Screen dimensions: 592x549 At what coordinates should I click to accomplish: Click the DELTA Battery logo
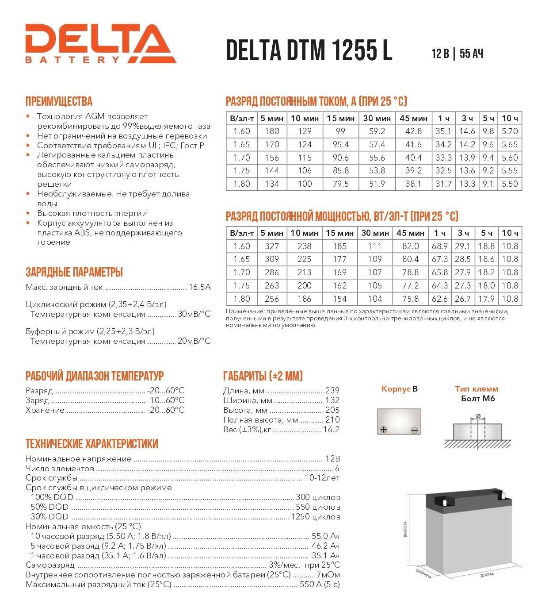coord(100,44)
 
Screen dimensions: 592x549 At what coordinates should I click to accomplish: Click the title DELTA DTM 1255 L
coord(309,50)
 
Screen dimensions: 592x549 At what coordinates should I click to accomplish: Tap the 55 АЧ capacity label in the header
coord(471,54)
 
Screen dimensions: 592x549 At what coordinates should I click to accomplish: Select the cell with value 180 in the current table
coord(272,131)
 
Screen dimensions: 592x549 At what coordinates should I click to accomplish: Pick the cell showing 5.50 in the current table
coord(510,184)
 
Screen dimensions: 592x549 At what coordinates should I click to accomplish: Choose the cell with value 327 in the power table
coord(272,246)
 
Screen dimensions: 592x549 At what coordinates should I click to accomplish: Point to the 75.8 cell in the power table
coord(411,299)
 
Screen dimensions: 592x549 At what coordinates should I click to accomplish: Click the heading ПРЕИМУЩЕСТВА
coord(59,101)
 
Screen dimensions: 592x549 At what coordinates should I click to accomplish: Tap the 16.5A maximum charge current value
coord(199,287)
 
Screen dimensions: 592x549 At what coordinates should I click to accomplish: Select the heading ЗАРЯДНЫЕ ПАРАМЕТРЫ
coord(74,272)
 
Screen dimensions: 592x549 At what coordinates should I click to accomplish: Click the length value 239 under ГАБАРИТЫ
coord(332,391)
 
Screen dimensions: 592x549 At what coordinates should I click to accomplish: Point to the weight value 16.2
coord(331,430)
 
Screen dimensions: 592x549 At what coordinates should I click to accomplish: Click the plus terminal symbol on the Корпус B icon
coord(383,430)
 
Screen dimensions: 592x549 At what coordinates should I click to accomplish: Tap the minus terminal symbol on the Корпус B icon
coord(414,430)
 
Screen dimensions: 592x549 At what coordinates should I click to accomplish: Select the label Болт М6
coord(477,399)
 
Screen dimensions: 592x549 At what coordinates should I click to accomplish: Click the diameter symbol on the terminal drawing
coord(478,416)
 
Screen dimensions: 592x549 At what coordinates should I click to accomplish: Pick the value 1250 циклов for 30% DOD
coord(315,517)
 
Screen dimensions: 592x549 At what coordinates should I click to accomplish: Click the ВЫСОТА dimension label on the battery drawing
coord(405,529)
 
